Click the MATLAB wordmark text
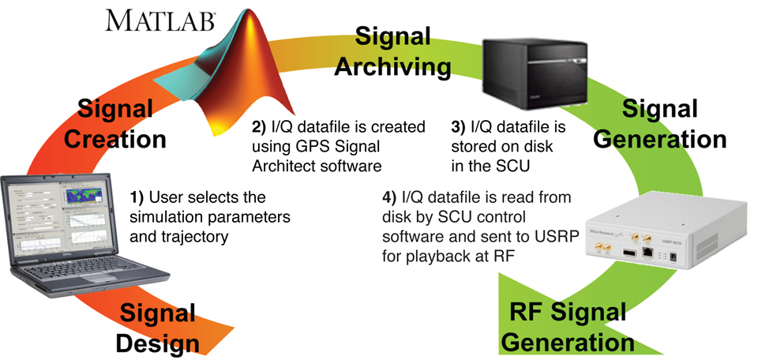(x=161, y=20)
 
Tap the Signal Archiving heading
(x=392, y=51)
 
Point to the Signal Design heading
(x=157, y=328)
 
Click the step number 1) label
(x=137, y=197)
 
